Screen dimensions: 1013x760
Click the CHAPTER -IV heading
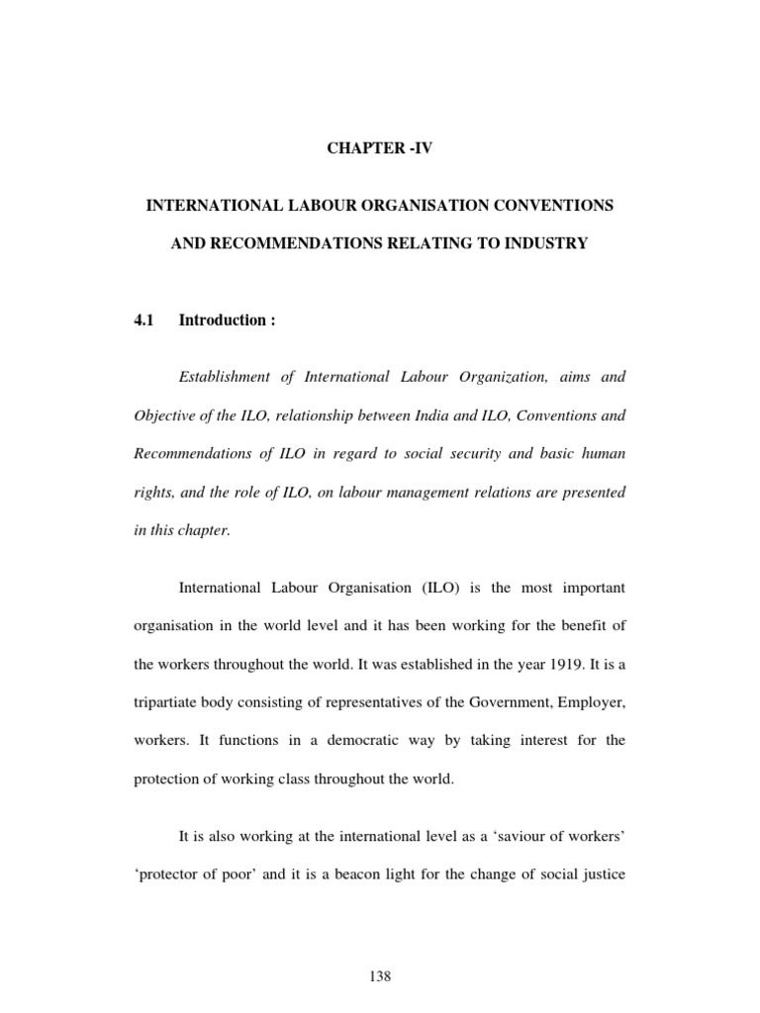coord(380,149)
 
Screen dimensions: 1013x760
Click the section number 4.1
coord(146,321)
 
